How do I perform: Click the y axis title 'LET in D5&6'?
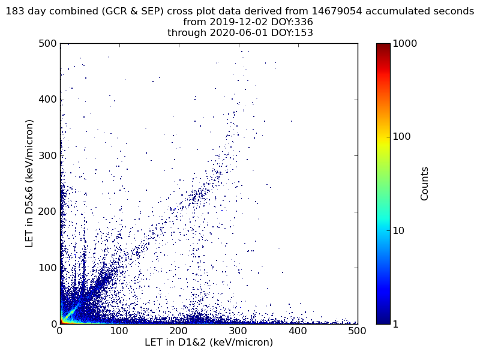29,183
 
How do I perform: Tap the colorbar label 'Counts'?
425,184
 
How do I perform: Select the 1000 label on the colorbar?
405,44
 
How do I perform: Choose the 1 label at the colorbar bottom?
397,324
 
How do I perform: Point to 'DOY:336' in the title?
291,22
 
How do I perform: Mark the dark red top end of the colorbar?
383,45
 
